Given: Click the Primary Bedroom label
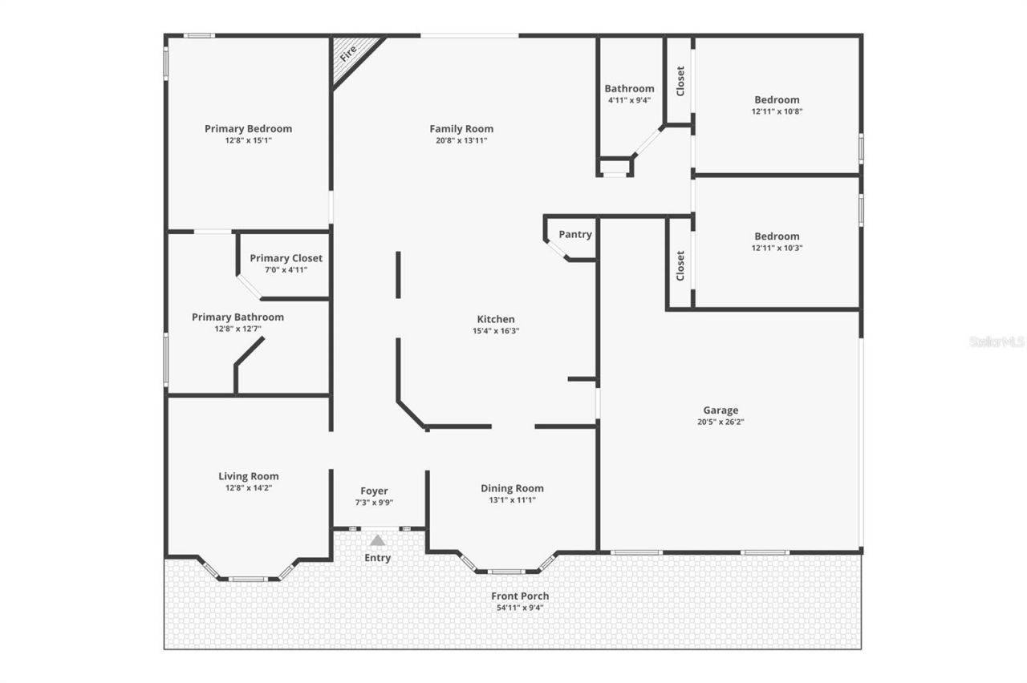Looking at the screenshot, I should click(x=248, y=128).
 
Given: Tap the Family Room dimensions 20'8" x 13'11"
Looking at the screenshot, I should click(x=461, y=140).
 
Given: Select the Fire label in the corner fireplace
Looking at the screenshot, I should click(x=348, y=54).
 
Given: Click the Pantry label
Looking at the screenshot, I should click(x=575, y=234).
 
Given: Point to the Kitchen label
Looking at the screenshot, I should click(x=496, y=319).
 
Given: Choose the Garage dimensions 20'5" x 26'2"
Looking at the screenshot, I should click(x=721, y=422).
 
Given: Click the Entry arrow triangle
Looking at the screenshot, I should click(x=377, y=540).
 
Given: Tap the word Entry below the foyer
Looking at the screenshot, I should click(x=377, y=558).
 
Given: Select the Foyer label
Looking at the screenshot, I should click(x=374, y=491).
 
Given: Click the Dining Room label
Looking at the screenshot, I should click(x=512, y=488).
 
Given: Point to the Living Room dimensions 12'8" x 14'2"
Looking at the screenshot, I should click(x=249, y=487).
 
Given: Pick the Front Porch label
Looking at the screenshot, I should click(x=520, y=596).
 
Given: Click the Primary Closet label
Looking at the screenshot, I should click(x=286, y=258).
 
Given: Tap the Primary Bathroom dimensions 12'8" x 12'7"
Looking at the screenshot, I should click(x=237, y=329).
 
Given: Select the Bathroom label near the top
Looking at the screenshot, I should click(x=629, y=88).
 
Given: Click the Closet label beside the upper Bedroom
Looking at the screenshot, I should click(x=680, y=81).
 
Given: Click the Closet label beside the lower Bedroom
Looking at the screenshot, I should click(x=680, y=266).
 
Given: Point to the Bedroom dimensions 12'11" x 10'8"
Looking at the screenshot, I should click(x=777, y=111).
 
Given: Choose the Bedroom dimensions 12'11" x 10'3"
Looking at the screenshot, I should click(x=777, y=248).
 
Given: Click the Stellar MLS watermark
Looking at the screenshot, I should click(x=997, y=341).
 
